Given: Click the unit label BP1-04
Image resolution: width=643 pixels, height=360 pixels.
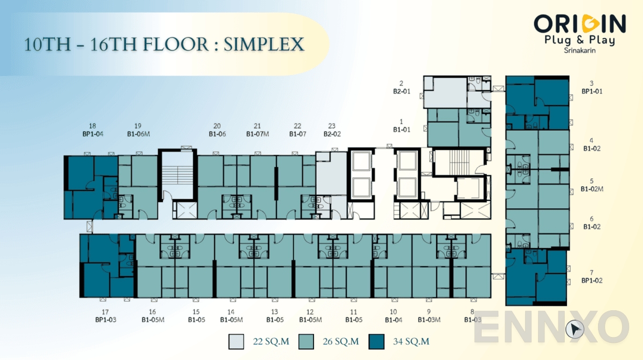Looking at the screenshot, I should coord(93,134).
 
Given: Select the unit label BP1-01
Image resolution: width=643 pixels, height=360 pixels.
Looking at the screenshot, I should coord(592,91).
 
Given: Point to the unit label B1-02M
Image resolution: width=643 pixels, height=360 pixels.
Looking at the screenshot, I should coord(592,189).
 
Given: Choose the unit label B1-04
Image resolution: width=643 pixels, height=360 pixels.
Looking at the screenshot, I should coord(393,320).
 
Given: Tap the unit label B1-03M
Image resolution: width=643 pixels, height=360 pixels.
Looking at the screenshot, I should coord(429,320).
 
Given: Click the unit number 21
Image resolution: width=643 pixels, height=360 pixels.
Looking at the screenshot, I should coord(257,126).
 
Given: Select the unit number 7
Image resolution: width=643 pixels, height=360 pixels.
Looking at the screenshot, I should coord(592,272).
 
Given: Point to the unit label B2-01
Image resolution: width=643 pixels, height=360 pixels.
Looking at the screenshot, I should coord(401,91).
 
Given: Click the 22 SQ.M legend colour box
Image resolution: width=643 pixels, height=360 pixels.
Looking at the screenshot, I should coord(236,341).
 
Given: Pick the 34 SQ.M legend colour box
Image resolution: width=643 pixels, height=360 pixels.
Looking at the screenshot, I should coord(377,341).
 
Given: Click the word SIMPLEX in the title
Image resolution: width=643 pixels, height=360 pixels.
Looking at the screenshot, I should coord(264,44).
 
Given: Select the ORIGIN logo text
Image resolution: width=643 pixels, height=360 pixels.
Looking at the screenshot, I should coord(579,24).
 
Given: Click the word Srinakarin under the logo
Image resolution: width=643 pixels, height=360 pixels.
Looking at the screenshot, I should coord(580,51).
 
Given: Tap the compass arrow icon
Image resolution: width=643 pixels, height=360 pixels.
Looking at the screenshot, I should coord(577,328).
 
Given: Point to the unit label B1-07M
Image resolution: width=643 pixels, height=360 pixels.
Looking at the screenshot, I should coord(257,134).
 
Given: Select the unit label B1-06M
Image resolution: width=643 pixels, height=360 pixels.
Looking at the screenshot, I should coord(138,134).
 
